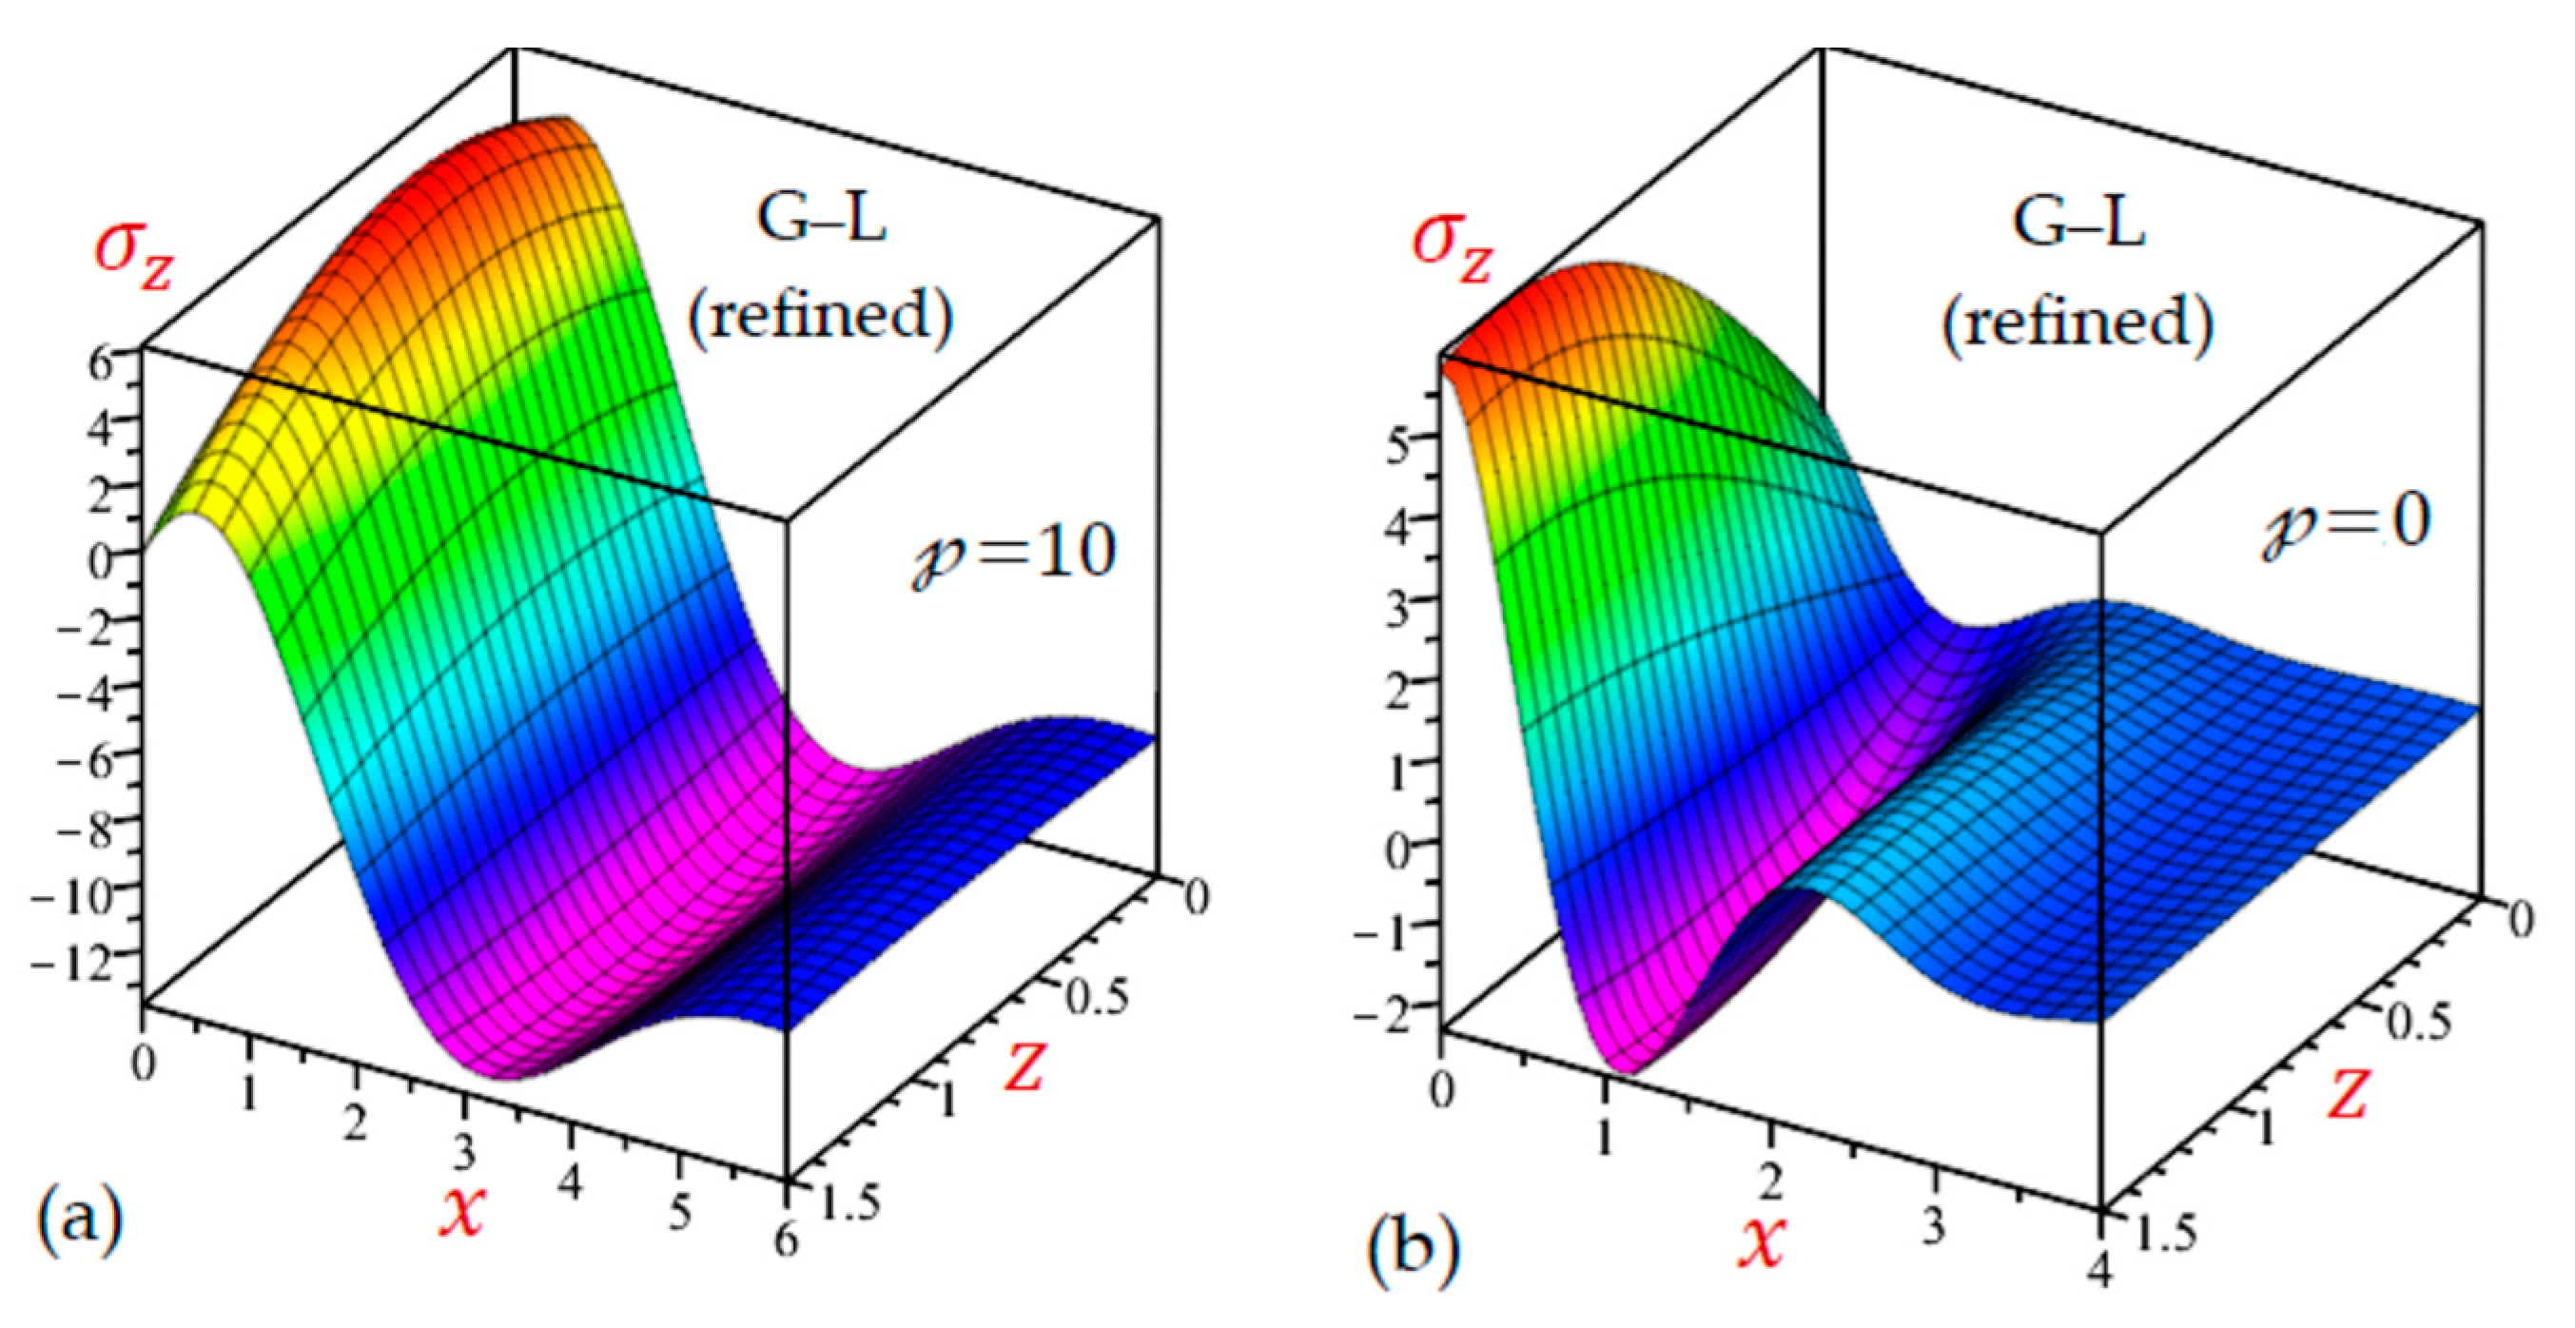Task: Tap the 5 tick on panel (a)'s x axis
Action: [681, 1214]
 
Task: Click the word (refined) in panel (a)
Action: [821, 318]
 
